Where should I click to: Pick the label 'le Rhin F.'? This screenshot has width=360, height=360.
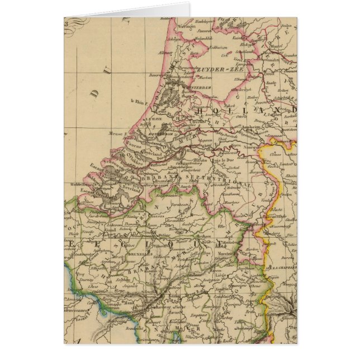pyautogui.click(x=136, y=101)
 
